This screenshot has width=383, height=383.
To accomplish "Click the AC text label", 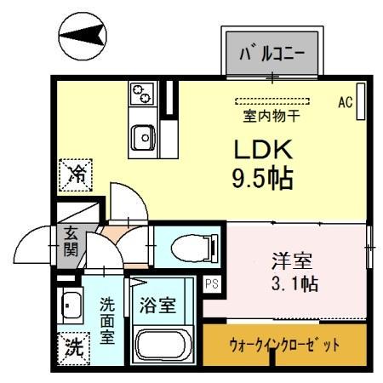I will [345, 102].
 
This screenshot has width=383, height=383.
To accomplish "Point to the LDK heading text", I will [265, 150].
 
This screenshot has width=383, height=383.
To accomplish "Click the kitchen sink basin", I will [143, 134].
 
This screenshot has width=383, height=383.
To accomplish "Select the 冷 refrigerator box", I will [77, 176].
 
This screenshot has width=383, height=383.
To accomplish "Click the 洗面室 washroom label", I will [108, 318].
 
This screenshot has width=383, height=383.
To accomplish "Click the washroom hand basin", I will [71, 305].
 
